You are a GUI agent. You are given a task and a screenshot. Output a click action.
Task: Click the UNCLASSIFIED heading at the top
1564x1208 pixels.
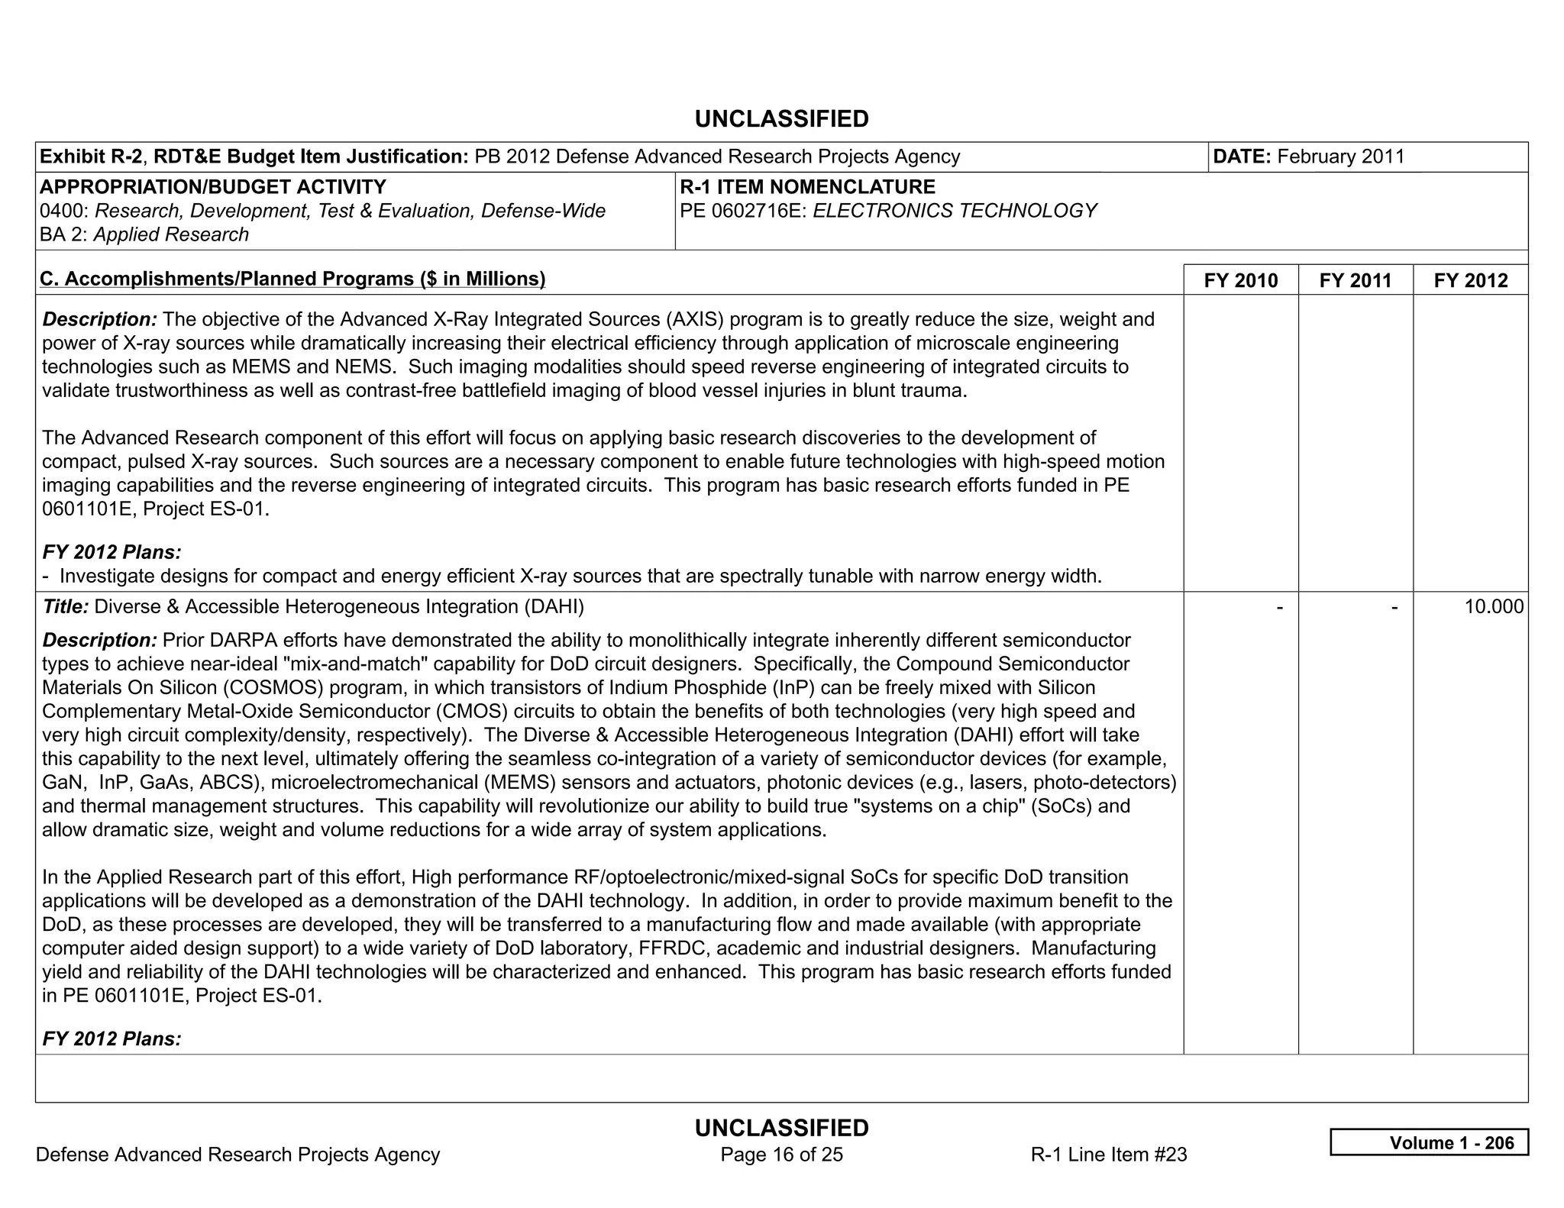click(781, 119)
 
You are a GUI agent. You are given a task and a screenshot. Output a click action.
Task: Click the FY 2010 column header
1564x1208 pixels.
click(1240, 280)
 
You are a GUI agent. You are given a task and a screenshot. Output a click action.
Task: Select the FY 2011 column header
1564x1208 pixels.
click(1355, 280)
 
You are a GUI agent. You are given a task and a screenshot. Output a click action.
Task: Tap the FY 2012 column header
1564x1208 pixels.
click(1470, 280)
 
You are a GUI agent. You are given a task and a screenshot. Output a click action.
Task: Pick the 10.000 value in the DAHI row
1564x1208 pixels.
click(1493, 607)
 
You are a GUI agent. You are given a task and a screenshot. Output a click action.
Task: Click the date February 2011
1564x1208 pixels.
click(1340, 157)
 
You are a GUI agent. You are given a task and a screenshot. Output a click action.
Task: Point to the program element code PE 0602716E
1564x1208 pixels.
click(743, 211)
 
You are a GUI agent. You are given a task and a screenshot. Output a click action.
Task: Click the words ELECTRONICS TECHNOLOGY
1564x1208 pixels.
click(955, 211)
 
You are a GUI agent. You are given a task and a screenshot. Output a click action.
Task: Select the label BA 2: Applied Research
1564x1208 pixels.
click(144, 234)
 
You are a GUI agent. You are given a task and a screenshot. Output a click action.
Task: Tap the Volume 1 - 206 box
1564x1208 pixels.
click(1429, 1142)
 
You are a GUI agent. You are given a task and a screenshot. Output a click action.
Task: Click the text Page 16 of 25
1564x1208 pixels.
click(781, 1154)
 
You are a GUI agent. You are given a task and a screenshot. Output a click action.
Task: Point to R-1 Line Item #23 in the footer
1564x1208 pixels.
click(1108, 1154)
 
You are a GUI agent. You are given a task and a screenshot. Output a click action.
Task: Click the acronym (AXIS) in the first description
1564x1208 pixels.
click(693, 319)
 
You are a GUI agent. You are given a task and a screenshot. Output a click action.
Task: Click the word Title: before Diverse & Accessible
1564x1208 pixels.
click(66, 607)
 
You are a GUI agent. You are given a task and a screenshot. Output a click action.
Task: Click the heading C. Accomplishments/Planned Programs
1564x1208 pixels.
click(292, 279)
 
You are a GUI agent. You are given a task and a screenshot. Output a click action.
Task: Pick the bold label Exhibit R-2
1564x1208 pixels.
click(90, 157)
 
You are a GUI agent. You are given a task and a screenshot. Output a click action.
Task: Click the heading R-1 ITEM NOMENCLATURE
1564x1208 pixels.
click(807, 187)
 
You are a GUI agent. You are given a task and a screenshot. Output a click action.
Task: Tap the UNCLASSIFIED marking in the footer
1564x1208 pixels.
click(781, 1128)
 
